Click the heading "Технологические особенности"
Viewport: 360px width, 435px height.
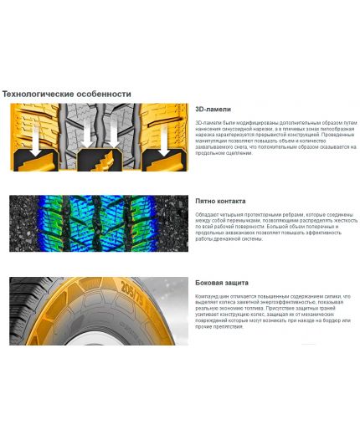point(67,93)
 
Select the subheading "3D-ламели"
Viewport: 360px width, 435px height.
point(213,109)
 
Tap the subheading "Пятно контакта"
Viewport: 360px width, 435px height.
point(220,201)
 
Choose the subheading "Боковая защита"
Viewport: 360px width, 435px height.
point(222,283)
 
